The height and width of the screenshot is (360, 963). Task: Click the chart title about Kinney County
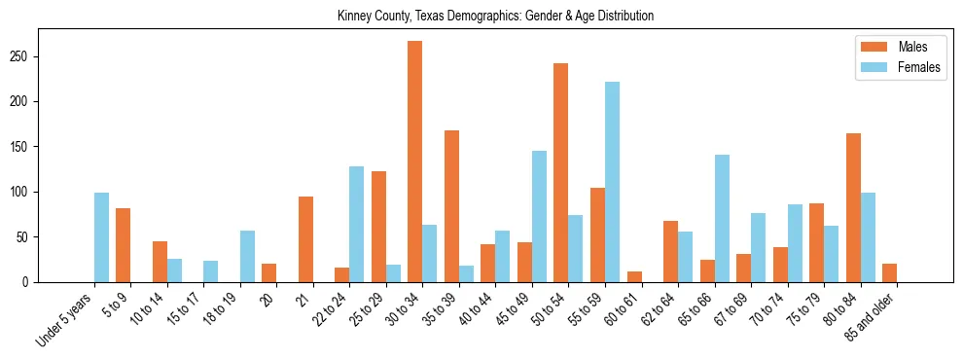pos(495,16)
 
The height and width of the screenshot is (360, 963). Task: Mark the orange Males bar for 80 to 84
pos(853,207)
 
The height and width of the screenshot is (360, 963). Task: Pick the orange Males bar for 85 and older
pos(889,272)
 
